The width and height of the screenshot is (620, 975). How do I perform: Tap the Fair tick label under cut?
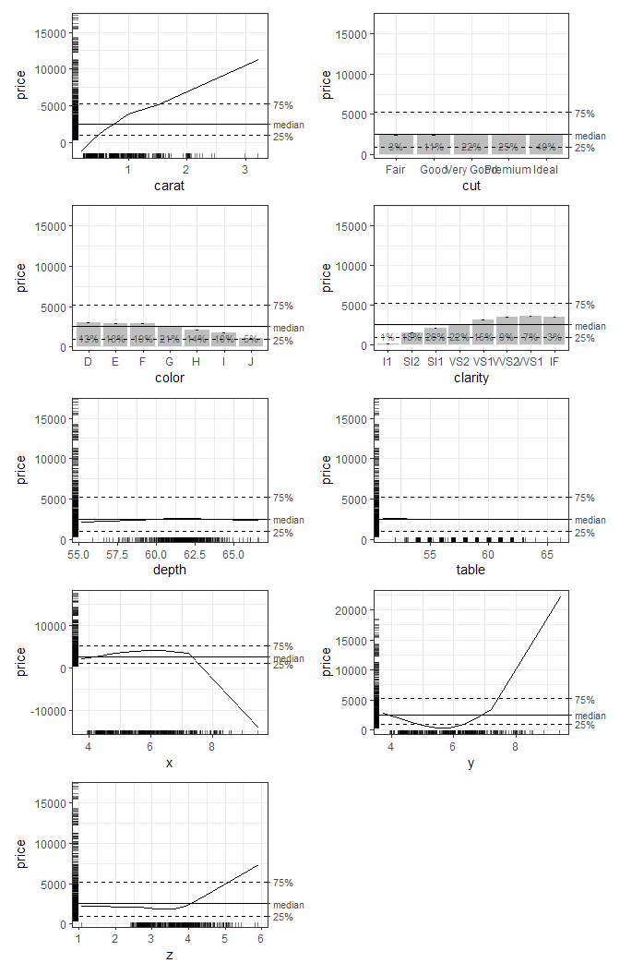pyautogui.click(x=395, y=171)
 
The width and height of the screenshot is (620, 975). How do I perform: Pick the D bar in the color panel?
pyautogui.click(x=89, y=334)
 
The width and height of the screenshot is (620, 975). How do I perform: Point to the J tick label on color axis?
pyautogui.click(x=252, y=362)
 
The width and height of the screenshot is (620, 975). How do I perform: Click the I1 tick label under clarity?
pyautogui.click(x=387, y=362)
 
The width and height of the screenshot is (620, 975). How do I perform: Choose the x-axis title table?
pyautogui.click(x=471, y=570)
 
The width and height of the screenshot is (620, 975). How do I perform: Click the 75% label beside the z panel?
pyautogui.click(x=283, y=883)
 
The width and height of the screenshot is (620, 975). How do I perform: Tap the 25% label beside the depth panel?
pyautogui.click(x=283, y=533)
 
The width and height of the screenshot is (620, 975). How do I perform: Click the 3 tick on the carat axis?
pyautogui.click(x=244, y=170)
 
